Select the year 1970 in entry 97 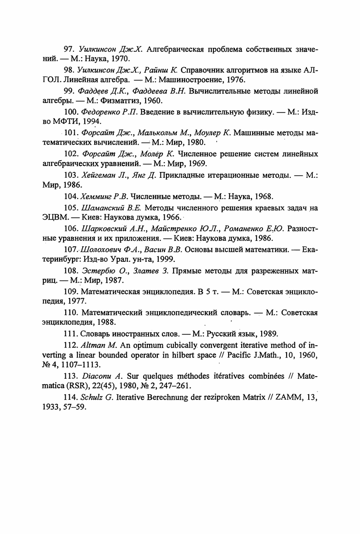(121, 59)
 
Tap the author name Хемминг (96, 196)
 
